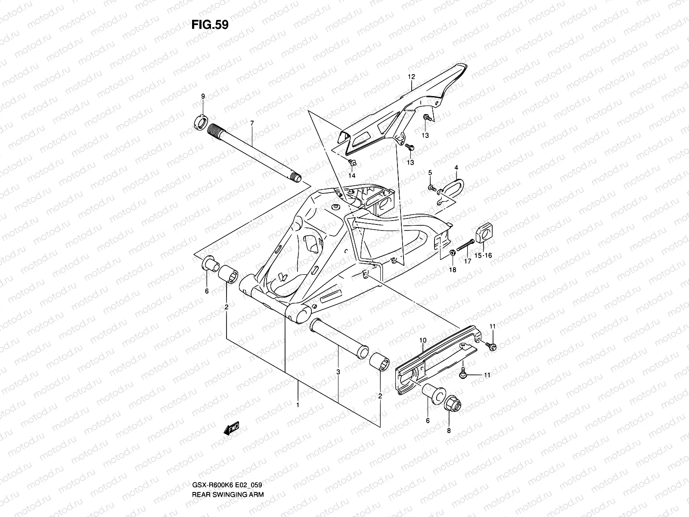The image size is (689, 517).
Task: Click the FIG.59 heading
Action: [209, 25]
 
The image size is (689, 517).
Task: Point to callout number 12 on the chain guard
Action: [411, 77]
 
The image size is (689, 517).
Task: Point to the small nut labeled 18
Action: [452, 252]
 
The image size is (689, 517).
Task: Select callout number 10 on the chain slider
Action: [423, 340]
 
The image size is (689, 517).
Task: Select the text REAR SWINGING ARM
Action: [227, 470]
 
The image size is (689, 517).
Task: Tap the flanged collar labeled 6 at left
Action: [208, 264]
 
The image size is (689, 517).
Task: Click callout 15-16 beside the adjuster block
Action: [483, 255]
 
